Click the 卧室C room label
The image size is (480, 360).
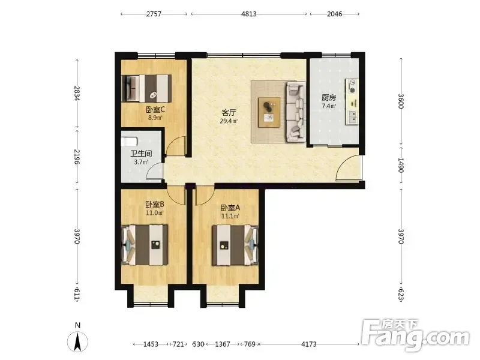click(x=155, y=109)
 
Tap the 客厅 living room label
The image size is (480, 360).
click(x=229, y=113)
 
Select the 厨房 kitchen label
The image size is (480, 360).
click(x=329, y=98)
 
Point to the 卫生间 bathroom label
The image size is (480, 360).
click(x=141, y=154)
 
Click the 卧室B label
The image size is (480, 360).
click(x=155, y=204)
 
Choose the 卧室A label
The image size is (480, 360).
click(x=230, y=208)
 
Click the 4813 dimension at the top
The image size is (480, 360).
click(x=249, y=14)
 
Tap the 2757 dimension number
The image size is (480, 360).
click(x=154, y=14)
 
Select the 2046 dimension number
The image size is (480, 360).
click(x=335, y=14)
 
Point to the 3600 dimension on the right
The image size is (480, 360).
click(x=401, y=101)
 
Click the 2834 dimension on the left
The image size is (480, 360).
click(x=77, y=94)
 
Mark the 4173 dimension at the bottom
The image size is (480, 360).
click(x=309, y=344)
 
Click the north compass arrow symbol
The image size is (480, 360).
click(x=78, y=341)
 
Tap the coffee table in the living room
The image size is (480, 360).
click(x=269, y=112)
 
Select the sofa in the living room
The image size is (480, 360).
click(x=296, y=112)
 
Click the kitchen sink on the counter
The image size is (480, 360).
click(x=352, y=117)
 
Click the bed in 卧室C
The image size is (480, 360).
click(x=146, y=88)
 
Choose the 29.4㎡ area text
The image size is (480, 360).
click(x=229, y=121)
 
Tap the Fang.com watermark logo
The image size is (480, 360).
click(x=415, y=336)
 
